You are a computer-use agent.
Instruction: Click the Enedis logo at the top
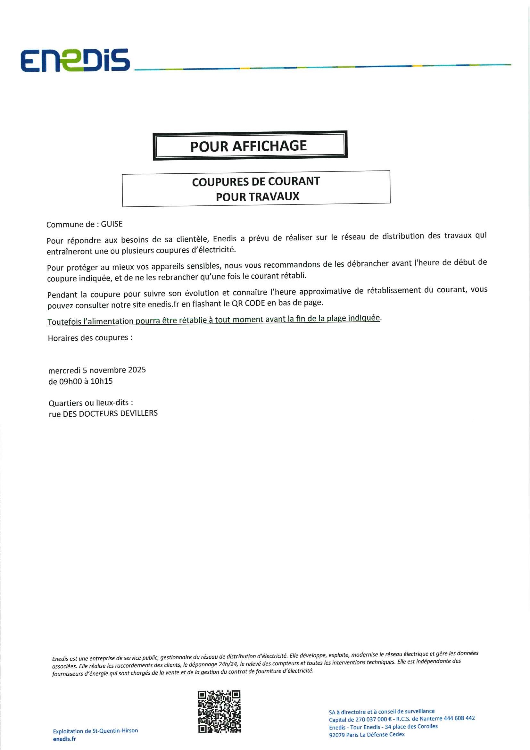75,61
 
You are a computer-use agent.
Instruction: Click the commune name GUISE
112,224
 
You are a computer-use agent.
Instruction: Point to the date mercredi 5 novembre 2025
97,370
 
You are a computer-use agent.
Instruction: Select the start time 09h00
70,381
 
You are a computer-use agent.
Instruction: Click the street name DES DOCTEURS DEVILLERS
110,413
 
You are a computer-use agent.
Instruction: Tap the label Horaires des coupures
90,338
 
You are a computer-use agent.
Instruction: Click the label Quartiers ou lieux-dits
90,403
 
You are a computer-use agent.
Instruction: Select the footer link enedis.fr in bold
64,738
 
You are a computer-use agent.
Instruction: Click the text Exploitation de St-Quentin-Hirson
95,730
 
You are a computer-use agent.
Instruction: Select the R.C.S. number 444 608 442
459,718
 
